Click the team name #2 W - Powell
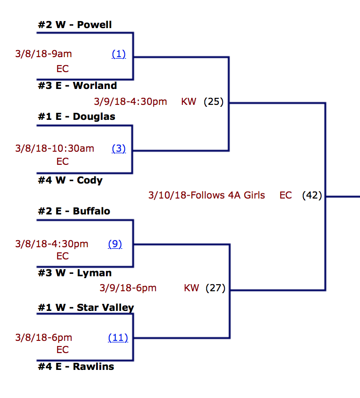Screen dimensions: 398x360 click(75, 25)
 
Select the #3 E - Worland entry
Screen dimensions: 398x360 click(77, 86)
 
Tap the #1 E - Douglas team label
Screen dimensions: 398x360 click(76, 117)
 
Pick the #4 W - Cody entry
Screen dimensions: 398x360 click(70, 180)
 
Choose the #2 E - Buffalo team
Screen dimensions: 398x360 click(74, 211)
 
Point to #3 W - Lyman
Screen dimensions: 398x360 click(75, 273)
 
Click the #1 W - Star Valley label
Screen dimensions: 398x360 click(86, 308)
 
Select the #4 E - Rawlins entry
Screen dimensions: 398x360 click(76, 367)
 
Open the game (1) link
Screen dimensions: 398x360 click(119, 54)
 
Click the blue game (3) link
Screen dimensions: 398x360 click(119, 149)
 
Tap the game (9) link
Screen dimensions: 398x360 click(115, 244)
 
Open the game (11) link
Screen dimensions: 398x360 click(118, 338)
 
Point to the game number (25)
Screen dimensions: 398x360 click(214, 102)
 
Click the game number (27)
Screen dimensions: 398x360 click(216, 288)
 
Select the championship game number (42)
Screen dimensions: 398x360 click(312, 195)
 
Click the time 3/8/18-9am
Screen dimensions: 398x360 click(44, 54)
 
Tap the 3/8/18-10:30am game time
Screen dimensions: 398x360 click(54, 149)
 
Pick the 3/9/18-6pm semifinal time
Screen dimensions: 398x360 click(128, 288)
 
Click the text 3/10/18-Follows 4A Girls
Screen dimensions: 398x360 click(206, 195)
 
